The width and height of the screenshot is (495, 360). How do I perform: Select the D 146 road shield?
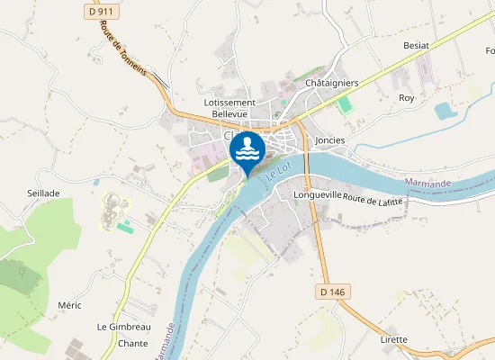(332, 292)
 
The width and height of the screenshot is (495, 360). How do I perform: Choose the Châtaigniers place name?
(332, 83)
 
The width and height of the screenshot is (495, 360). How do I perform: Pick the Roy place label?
(407, 97)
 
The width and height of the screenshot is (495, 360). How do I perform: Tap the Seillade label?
(43, 193)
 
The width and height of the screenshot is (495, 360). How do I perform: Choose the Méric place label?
(69, 305)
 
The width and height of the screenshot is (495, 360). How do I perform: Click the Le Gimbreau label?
(123, 326)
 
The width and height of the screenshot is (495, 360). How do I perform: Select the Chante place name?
(132, 344)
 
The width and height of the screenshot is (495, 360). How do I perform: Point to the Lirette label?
(393, 339)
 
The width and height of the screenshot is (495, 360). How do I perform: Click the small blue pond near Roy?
(445, 111)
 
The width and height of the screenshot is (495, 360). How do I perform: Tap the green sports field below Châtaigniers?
(345, 103)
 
